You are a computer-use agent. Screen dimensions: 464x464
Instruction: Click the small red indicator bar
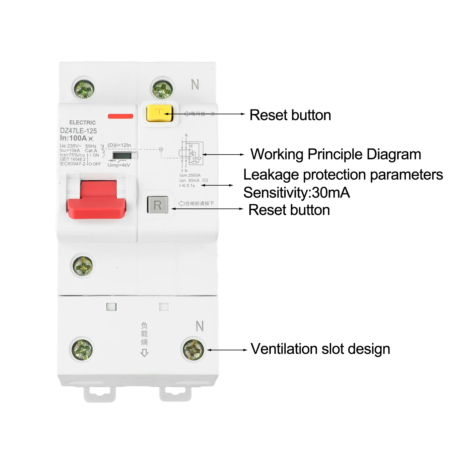pos(120,116)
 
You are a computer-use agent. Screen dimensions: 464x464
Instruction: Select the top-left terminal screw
pos(83,88)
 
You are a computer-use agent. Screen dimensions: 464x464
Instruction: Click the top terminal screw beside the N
pos(162,88)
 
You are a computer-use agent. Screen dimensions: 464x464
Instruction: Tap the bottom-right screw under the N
pos(193,349)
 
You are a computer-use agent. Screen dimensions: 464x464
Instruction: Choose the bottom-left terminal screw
pos(82,349)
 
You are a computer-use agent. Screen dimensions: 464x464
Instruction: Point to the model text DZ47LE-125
pos(78,131)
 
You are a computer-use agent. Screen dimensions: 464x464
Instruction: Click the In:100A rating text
pos(74,138)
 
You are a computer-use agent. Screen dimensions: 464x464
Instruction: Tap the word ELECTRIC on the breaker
pos(82,123)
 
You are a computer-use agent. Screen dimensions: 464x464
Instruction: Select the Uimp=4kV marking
pos(119,165)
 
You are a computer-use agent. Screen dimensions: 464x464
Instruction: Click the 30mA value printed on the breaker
pos(194,180)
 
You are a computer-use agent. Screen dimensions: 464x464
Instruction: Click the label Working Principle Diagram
pos(336,154)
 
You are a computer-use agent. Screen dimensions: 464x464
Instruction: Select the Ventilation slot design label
pos(320,349)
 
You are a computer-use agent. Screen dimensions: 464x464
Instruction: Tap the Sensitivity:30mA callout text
pos(296,193)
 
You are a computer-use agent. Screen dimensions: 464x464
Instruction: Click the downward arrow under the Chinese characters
pos(144,353)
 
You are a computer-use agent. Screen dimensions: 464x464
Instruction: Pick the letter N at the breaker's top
pos(195,85)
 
